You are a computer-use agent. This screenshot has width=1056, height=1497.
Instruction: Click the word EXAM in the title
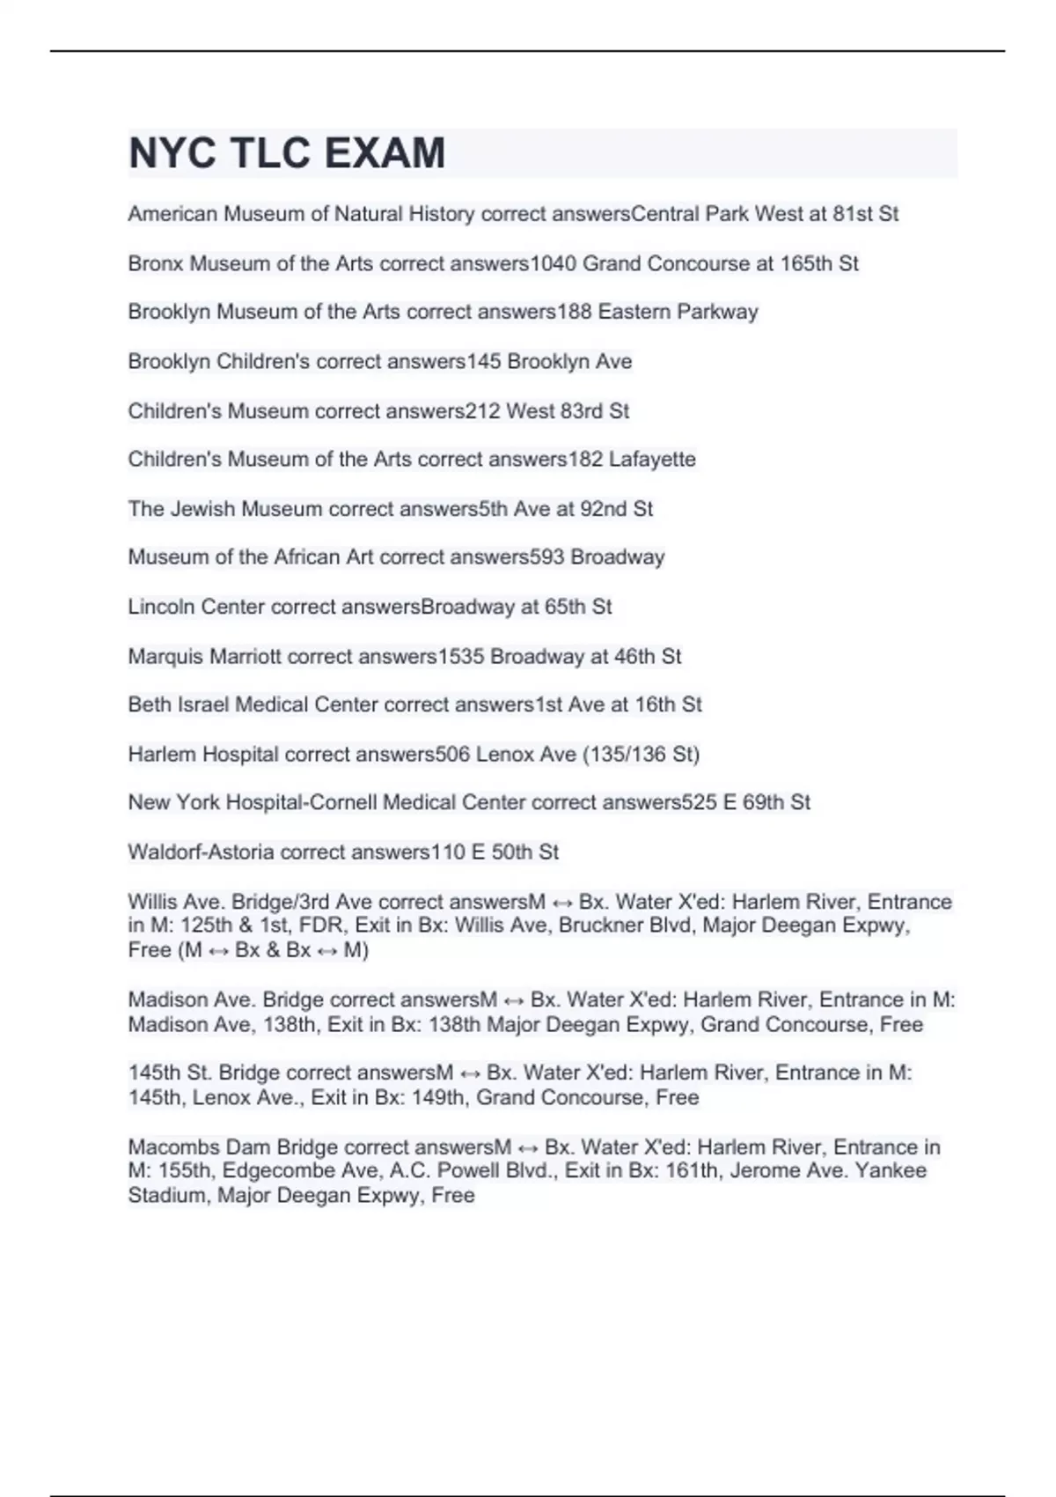coord(385,153)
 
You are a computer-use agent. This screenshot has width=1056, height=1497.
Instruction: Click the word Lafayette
coord(652,459)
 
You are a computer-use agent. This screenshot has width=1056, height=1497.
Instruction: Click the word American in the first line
coord(172,214)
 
